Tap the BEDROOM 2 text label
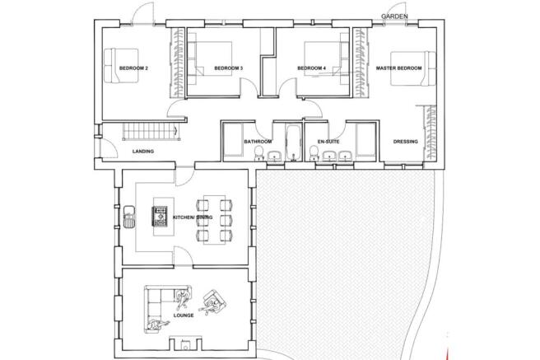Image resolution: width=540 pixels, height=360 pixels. tap(133, 68)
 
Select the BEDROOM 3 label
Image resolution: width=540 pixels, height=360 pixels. tap(228, 68)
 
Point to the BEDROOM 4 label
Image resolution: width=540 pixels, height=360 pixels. tap(311, 68)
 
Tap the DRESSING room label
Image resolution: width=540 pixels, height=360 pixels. tap(405, 142)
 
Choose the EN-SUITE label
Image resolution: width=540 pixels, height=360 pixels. tap(329, 142)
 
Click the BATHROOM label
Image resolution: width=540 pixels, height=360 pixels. tap(258, 142)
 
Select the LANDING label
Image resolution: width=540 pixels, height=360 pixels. tap(144, 152)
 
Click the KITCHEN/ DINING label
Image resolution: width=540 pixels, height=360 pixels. tap(193, 217)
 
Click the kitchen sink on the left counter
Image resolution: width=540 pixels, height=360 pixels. tap(128, 217)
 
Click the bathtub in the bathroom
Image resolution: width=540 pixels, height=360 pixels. tap(291, 140)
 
